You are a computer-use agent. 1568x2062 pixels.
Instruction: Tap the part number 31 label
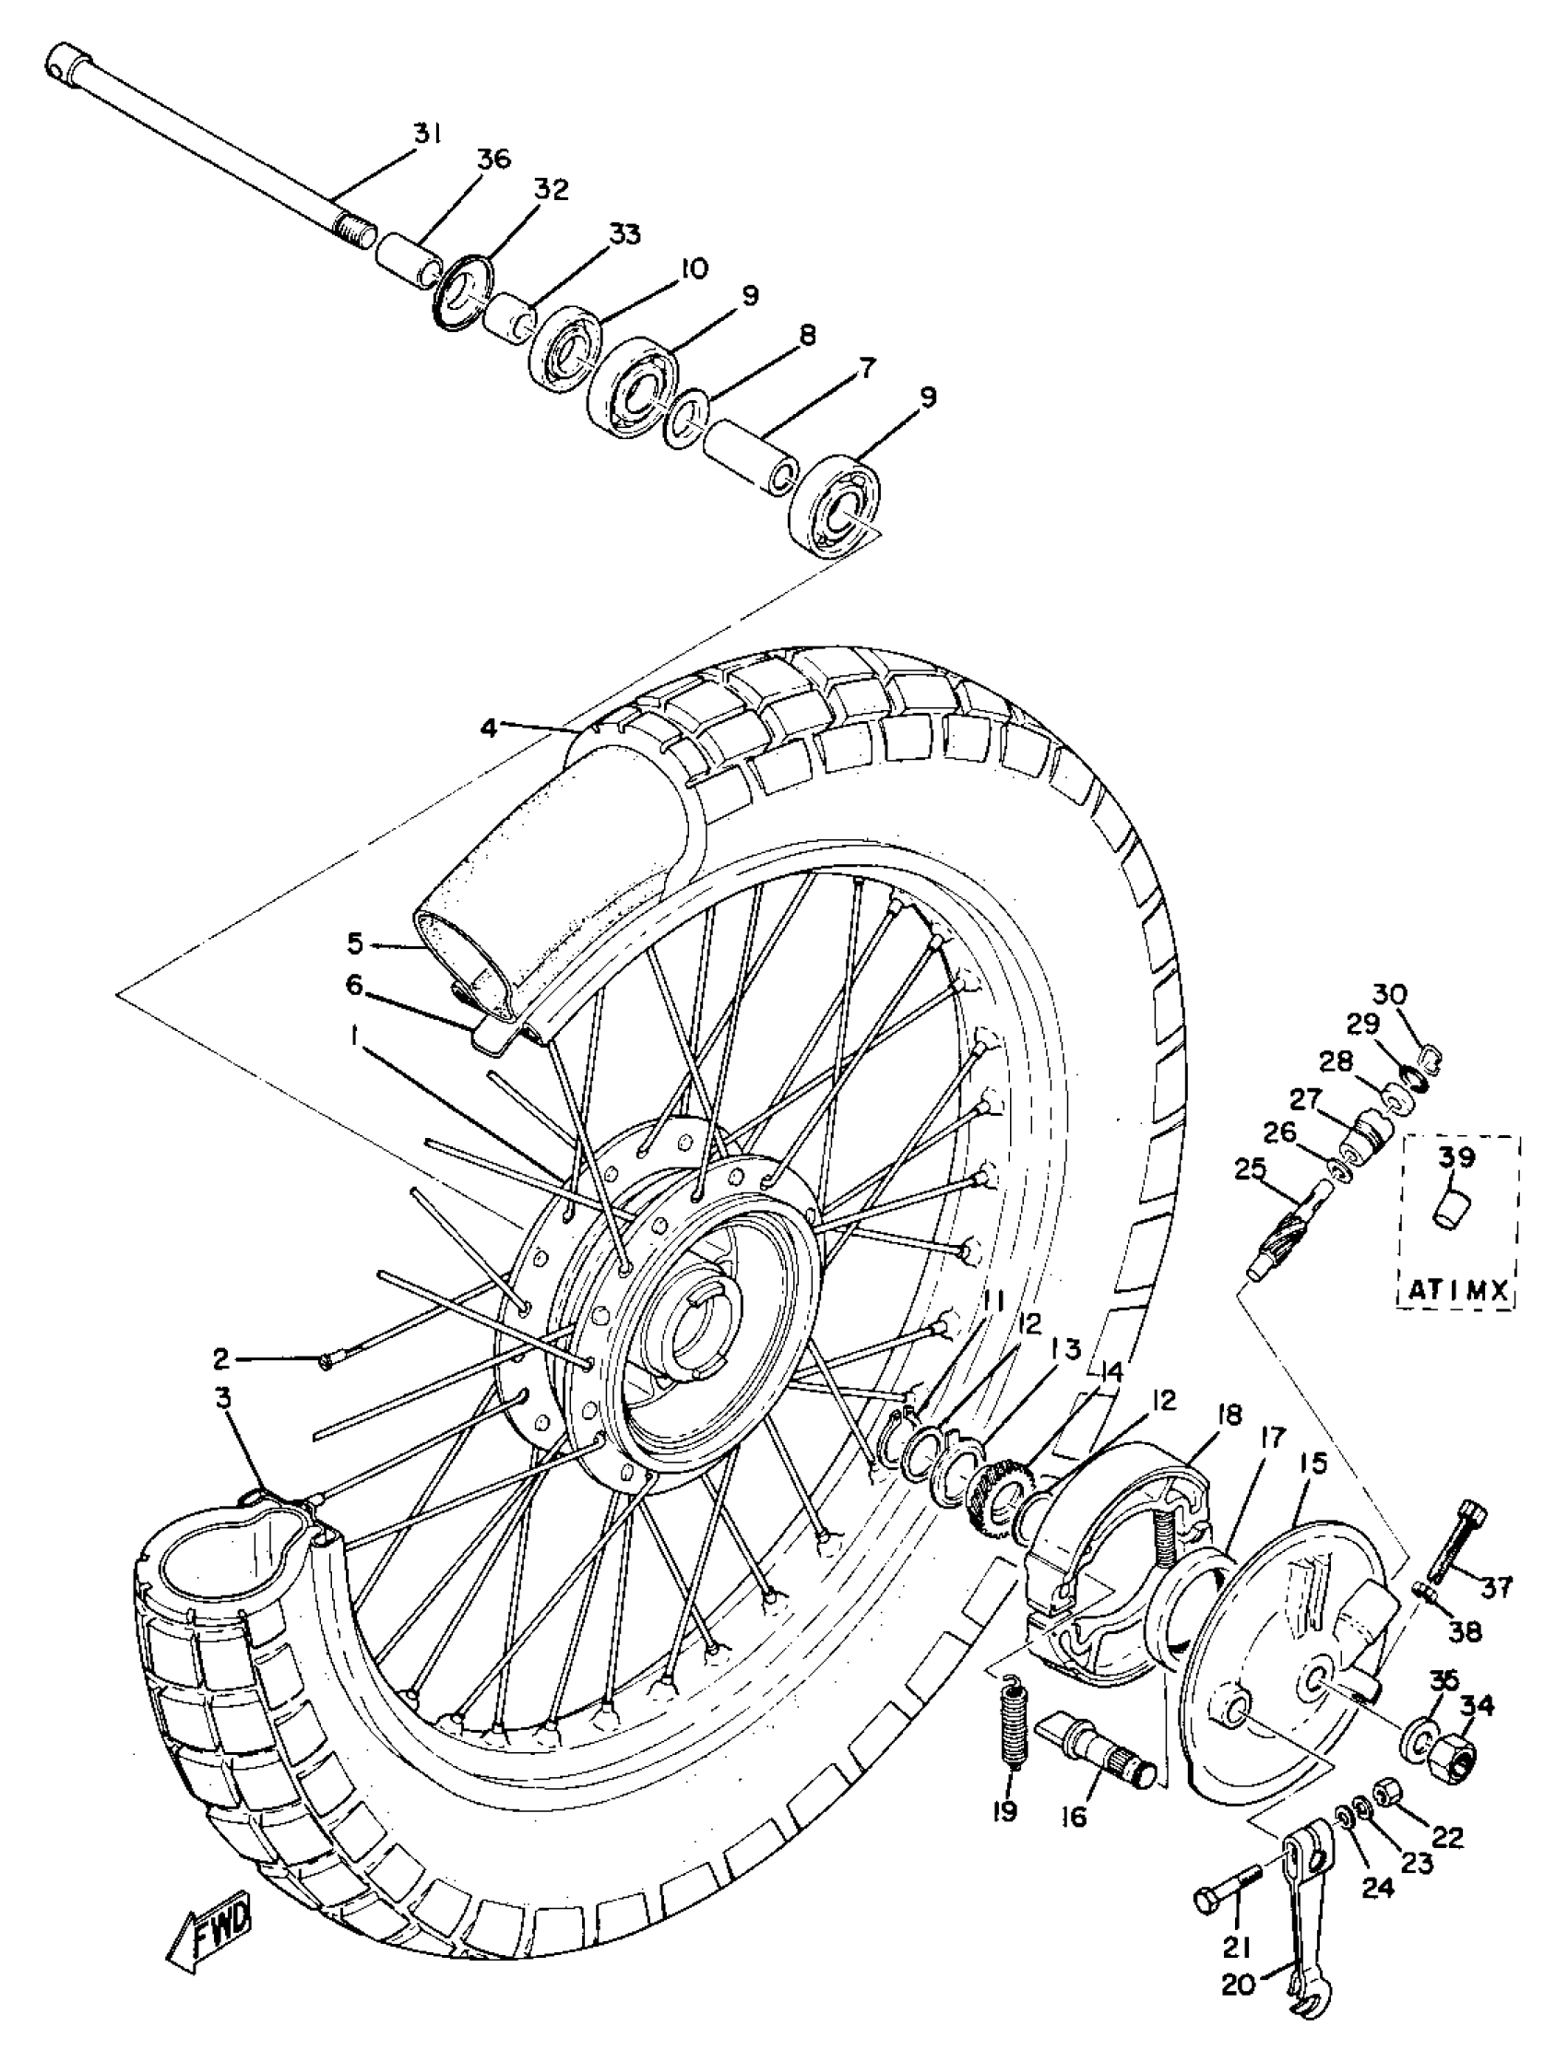428,134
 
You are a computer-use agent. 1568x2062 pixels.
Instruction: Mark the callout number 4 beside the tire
489,727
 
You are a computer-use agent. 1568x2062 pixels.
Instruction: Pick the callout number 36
493,160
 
